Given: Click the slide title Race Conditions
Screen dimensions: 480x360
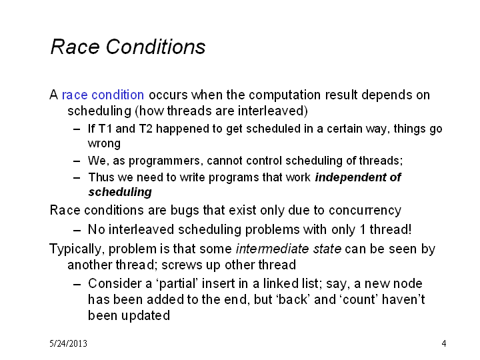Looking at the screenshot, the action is click(127, 47).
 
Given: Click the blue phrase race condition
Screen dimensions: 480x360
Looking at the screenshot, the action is click(103, 95).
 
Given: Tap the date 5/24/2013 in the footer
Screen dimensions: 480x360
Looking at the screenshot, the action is click(68, 343).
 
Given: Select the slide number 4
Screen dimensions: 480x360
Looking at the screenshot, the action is click(444, 343).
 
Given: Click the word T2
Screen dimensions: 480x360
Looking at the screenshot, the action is click(146, 129).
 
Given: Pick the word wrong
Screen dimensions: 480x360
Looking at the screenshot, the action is click(104, 144).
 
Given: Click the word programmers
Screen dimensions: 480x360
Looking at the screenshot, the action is click(164, 161).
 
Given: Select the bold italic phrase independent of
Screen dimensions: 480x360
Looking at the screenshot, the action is click(358, 177).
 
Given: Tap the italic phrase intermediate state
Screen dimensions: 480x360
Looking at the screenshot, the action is click(289, 249).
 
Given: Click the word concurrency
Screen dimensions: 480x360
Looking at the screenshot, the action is click(365, 211).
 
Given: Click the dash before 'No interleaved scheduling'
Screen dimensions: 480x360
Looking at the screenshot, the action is click(77, 230).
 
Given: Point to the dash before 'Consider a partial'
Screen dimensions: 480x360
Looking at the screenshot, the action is click(77, 285).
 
